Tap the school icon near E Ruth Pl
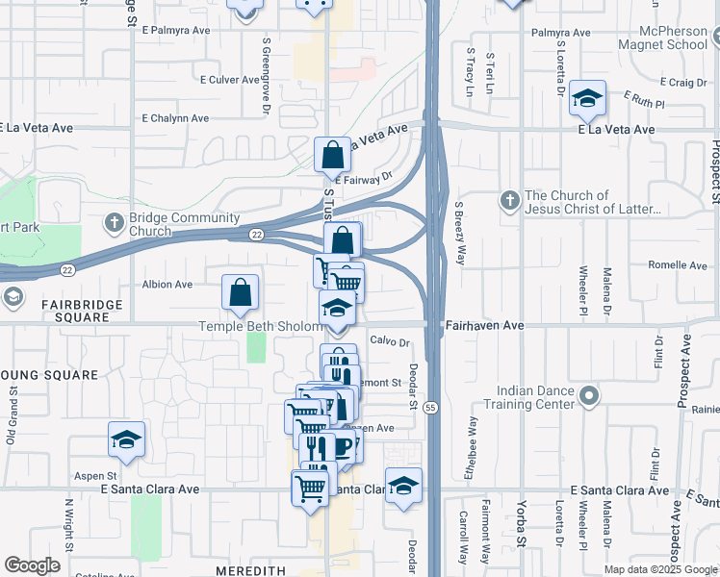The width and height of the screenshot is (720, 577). [586, 98]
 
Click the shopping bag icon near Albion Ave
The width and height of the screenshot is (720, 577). [240, 292]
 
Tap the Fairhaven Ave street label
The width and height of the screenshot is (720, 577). [485, 326]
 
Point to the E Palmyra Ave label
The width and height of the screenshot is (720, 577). [175, 30]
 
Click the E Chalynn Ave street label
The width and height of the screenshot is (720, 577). [175, 118]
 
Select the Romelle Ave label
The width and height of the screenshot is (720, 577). [678, 265]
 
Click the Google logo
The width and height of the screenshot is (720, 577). [32, 565]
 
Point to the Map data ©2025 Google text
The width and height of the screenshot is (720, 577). [659, 569]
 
